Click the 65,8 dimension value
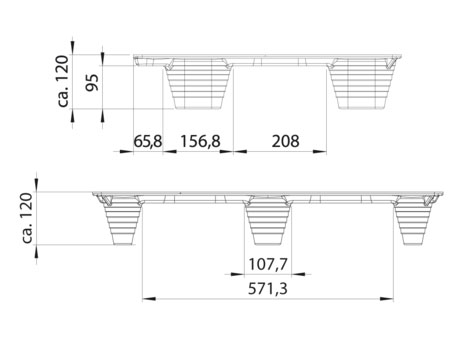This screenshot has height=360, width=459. tap(148, 141)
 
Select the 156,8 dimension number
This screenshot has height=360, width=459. tap(200, 141)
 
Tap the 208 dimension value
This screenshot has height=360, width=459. tap(286, 141)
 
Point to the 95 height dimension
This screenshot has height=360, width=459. tap(92, 82)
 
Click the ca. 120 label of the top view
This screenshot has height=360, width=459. tap(63, 81)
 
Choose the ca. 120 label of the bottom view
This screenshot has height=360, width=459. tap(27, 218)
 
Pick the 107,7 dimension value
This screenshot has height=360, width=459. tap(268, 264)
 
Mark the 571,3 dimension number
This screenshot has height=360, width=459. tap(268, 289)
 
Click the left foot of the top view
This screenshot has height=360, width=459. tap(198, 84)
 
